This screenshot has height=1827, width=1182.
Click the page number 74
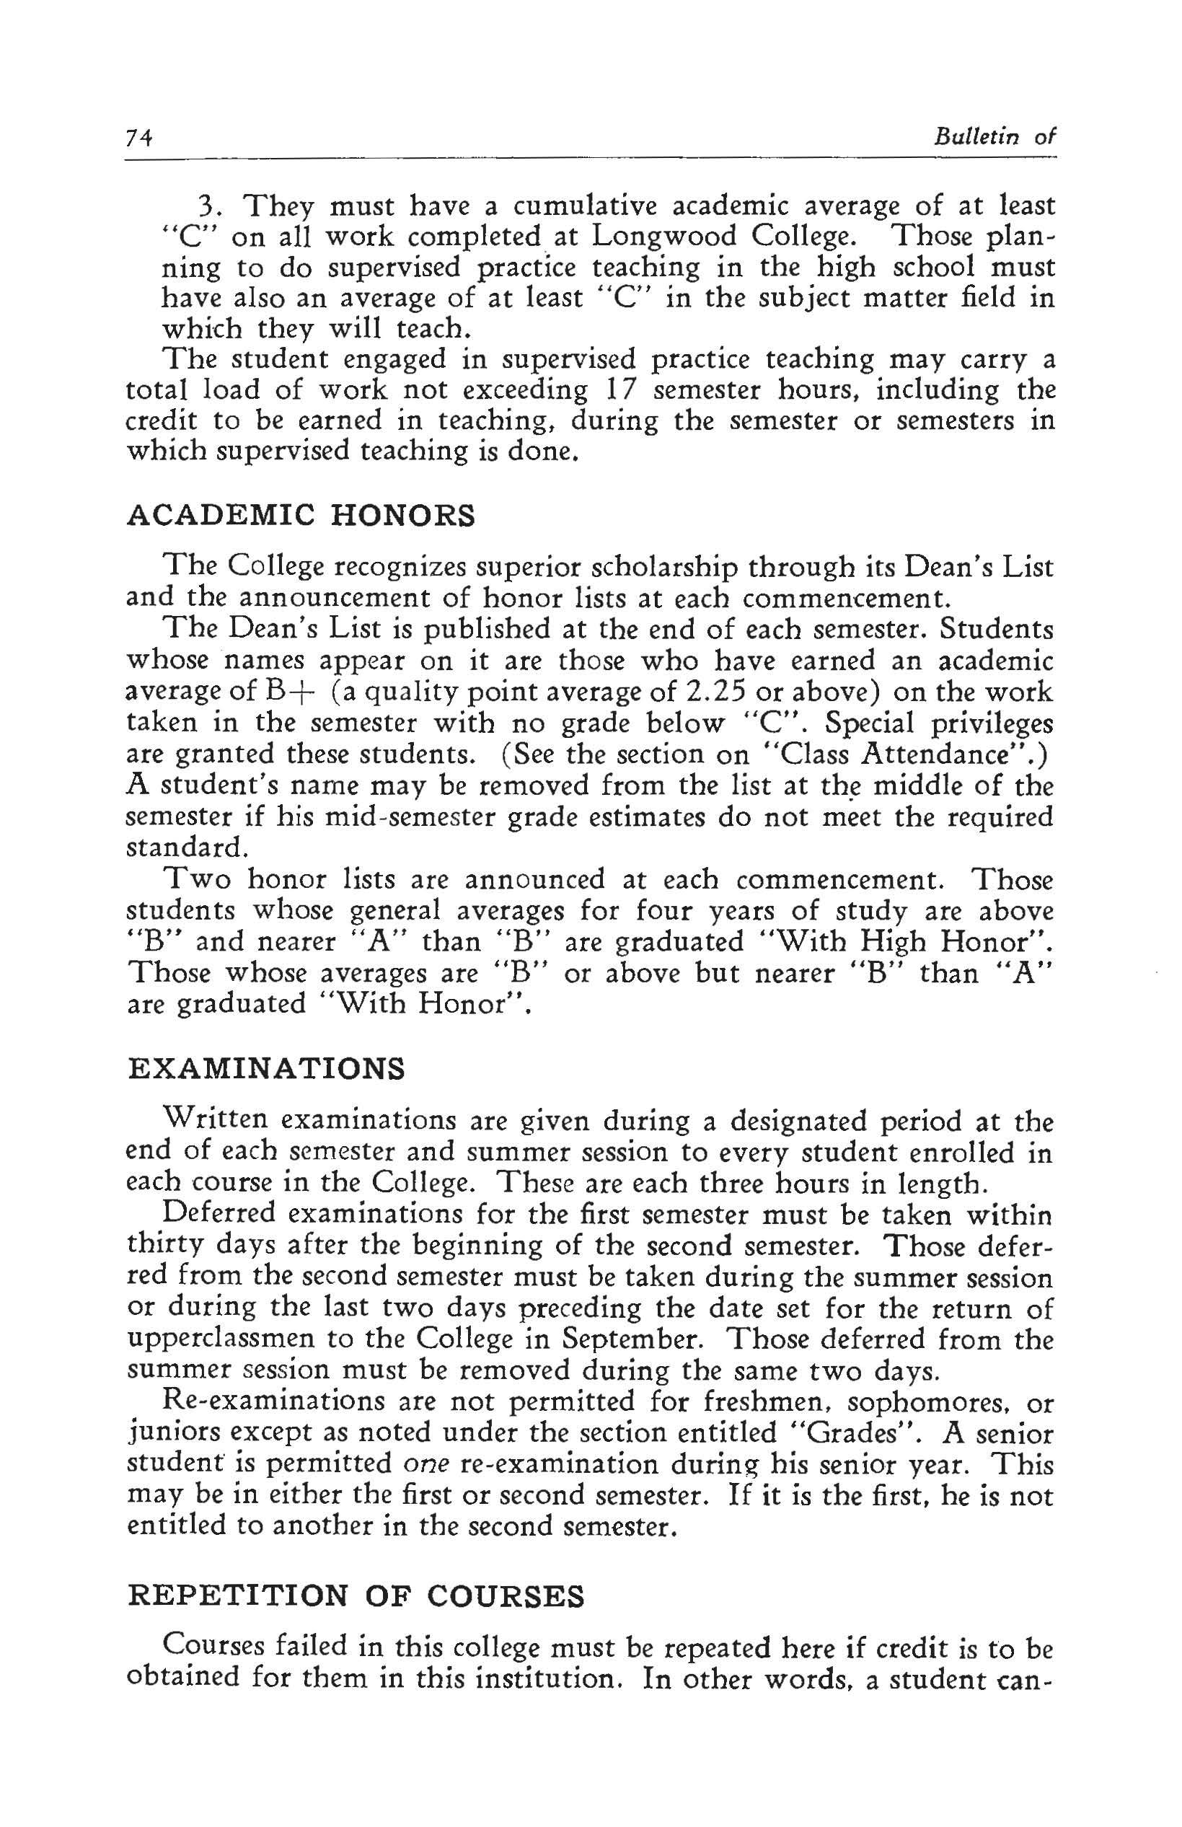(x=140, y=138)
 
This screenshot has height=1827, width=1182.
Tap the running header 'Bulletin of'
(x=994, y=138)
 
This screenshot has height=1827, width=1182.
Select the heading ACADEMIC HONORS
(x=300, y=515)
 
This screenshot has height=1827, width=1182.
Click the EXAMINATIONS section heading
(x=265, y=1070)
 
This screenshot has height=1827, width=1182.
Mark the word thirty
(x=164, y=1245)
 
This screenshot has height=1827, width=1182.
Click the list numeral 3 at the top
(x=205, y=206)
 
